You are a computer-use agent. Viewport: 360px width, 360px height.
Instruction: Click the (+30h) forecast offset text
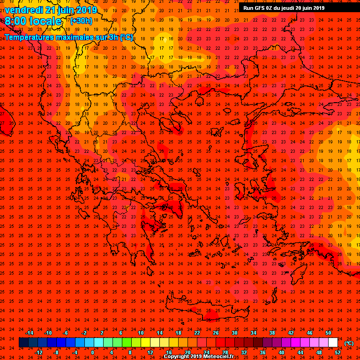[82, 21]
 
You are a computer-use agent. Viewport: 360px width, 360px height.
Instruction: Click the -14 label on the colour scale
[29, 333]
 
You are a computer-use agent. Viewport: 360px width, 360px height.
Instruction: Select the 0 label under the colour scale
[92, 352]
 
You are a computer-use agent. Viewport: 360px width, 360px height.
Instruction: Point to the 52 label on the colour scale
[338, 352]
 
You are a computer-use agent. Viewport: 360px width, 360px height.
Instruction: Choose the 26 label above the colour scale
[216, 333]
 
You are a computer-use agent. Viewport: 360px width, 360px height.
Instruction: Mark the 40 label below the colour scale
[281, 352]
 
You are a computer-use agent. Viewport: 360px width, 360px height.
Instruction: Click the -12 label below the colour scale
[38, 352]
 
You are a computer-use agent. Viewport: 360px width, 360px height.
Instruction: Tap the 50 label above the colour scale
[328, 333]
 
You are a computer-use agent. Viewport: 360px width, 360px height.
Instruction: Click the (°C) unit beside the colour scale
[349, 343]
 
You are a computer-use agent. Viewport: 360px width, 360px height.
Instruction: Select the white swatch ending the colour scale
[333, 343]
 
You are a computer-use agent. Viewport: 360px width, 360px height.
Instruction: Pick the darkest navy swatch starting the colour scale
[23, 343]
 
